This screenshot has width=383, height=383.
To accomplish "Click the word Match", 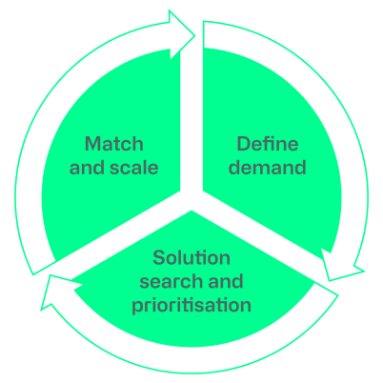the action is (x=114, y=144).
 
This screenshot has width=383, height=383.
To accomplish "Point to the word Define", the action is (x=268, y=144).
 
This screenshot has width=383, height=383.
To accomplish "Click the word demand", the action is (x=268, y=168).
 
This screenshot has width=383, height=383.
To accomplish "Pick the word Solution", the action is (x=191, y=257).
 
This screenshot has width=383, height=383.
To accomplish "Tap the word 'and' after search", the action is (x=226, y=281).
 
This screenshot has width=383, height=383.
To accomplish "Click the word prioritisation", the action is (x=191, y=306).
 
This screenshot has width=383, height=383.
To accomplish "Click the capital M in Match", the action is (x=91, y=144).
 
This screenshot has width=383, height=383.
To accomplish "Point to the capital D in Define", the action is (x=244, y=144).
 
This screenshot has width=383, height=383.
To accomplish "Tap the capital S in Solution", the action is (x=159, y=257).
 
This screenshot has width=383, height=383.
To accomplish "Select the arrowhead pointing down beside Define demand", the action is (x=341, y=267).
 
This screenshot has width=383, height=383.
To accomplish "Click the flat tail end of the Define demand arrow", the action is (x=204, y=34).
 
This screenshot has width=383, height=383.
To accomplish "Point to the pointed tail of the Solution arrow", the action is (x=337, y=295).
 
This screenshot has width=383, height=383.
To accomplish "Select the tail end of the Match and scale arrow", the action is (x=45, y=268).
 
